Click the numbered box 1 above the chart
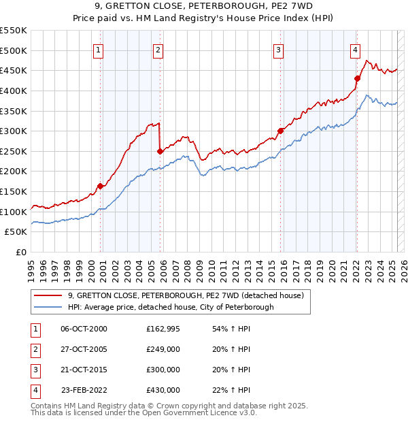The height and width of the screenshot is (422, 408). pos(99,49)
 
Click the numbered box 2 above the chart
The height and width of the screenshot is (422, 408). pos(158,49)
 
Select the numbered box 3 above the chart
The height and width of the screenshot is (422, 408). pos(279,49)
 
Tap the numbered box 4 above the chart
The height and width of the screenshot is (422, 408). pos(355,49)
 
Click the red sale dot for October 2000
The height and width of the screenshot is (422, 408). pos(100,186)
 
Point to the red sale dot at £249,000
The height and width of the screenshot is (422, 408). pos(160,151)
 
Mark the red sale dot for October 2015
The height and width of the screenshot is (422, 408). pos(280,131)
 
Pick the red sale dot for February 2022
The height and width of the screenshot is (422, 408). pos(356,78)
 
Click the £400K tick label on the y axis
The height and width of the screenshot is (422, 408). pos(14,91)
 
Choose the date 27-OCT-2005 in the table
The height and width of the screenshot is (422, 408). pos(84,349)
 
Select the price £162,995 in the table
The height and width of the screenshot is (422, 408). pos(163,329)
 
